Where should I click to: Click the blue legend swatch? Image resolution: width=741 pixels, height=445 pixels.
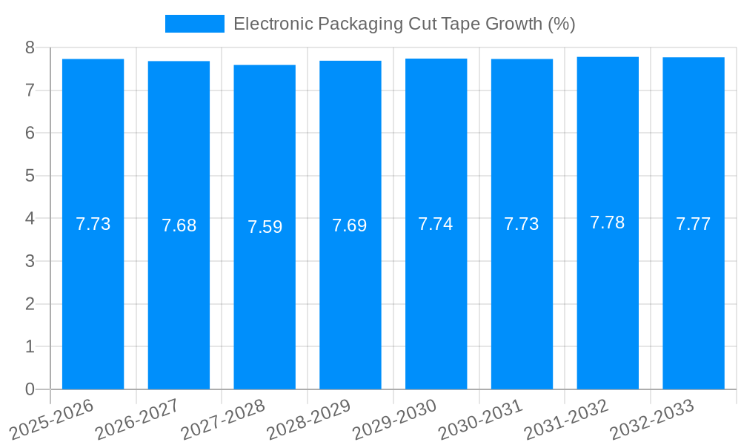click(194, 24)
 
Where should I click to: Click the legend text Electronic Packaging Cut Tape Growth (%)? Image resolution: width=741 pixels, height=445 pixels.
click(404, 24)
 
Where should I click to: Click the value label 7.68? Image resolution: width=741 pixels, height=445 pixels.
click(179, 225)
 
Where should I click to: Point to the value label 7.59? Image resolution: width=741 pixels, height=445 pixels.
click(265, 227)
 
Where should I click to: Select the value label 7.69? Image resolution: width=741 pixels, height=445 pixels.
click(350, 225)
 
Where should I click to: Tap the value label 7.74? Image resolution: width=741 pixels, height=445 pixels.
click(436, 224)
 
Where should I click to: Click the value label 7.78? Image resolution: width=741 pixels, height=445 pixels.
click(608, 222)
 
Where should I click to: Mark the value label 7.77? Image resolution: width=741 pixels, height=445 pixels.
click(694, 224)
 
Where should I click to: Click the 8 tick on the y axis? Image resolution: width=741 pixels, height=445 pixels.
click(30, 47)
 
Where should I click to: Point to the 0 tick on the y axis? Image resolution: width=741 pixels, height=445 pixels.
click(30, 389)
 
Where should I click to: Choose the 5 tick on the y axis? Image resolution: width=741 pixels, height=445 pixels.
click(30, 176)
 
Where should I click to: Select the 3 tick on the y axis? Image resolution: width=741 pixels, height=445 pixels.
click(30, 261)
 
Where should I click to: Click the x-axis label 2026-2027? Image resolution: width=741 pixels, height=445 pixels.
click(137, 419)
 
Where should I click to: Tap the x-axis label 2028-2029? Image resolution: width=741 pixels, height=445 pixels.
click(308, 419)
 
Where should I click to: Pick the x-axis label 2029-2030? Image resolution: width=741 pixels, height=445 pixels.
click(394, 419)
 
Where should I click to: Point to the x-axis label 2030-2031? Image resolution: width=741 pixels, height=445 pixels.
click(480, 419)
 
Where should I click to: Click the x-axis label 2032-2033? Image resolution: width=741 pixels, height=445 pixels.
click(652, 419)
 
